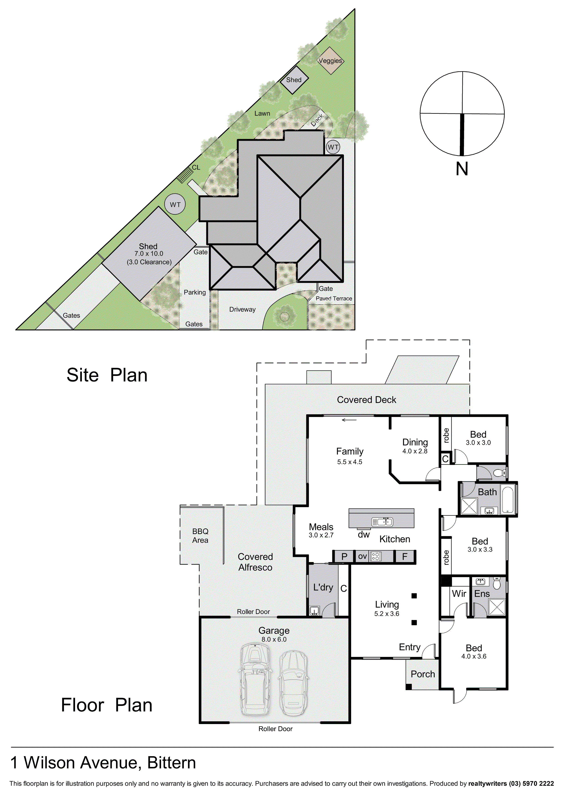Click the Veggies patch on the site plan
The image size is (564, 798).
(330, 61)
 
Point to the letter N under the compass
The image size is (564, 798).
(462, 169)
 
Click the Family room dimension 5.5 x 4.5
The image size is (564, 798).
(350, 462)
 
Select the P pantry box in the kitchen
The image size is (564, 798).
(344, 556)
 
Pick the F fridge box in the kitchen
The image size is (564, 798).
(405, 556)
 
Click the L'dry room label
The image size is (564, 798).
(323, 587)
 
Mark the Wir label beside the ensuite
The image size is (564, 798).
(459, 594)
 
